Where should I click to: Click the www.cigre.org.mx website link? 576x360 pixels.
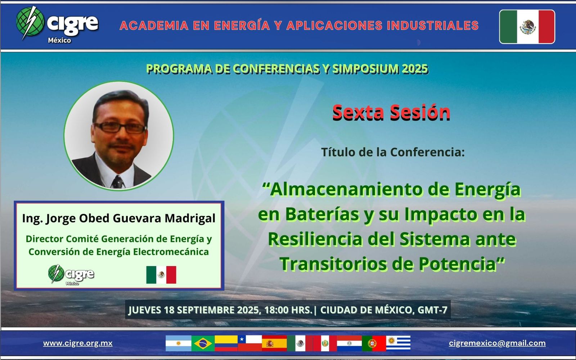coord(78,343)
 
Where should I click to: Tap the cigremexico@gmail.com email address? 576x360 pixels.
coord(497,343)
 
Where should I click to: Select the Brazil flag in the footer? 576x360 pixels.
coord(203,343)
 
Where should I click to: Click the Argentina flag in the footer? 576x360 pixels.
coord(179,343)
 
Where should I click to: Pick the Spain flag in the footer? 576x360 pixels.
coord(274,343)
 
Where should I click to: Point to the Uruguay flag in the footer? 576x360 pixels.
coord(398,343)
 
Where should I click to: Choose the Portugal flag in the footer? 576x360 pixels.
coord(374,343)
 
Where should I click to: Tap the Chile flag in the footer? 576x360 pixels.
coord(250,343)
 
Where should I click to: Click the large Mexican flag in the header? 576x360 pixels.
coord(527,27)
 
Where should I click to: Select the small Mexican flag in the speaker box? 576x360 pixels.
coord(161,275)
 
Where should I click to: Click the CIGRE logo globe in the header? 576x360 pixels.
coord(30,22)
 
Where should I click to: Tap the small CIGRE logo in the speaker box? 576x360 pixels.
coord(71,275)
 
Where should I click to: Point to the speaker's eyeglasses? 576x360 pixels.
coord(120,127)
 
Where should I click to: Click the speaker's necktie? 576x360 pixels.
coord(117,182)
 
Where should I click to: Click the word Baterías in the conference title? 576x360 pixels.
coord(322,214)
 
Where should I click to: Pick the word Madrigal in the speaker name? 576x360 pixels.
coord(190,218)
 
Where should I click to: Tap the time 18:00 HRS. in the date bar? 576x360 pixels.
coord(288,310)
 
